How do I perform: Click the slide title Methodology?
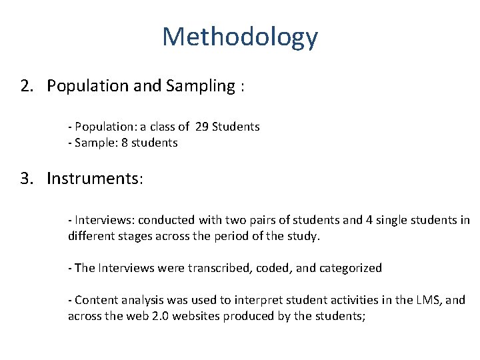tap(240, 37)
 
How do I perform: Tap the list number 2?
tap(26, 86)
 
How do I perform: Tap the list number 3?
tap(26, 179)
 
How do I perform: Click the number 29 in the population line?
tap(202, 126)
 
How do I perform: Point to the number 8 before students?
tap(125, 143)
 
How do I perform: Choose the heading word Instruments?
tap(94, 179)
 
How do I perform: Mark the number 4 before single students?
tap(369, 219)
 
